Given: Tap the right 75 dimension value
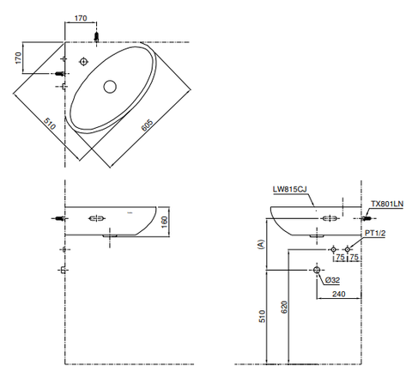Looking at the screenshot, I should tap(354, 256).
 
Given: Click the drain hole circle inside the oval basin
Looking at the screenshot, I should tap(109, 86).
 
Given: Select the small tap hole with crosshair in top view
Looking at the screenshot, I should tap(84, 61).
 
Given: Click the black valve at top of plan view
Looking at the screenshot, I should tap(99, 37).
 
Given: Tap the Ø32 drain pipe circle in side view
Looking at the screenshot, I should tap(318, 271).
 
